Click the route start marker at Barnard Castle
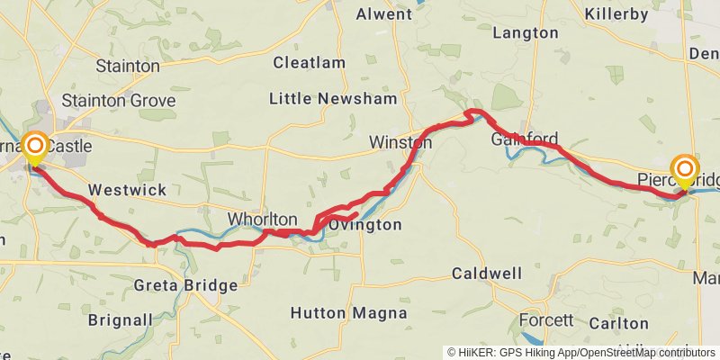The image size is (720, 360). tap(35, 146)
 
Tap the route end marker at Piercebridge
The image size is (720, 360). tap(685, 169)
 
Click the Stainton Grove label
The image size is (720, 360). tap(118, 100)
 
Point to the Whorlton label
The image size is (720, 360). tap(262, 220)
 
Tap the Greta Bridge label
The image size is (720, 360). tap(185, 285)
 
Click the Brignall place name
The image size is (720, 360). tap(120, 319)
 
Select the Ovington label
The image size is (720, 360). tap(365, 225)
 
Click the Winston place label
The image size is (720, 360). tap(400, 142)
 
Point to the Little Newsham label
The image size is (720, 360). tap(334, 99)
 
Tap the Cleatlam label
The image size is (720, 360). tap(309, 63)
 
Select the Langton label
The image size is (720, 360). tap(526, 32)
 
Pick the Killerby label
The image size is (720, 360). tap(616, 14)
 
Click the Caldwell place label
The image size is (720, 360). tap(487, 272)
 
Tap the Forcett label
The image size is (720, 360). tap(546, 320)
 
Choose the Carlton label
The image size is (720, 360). tap(618, 323)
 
